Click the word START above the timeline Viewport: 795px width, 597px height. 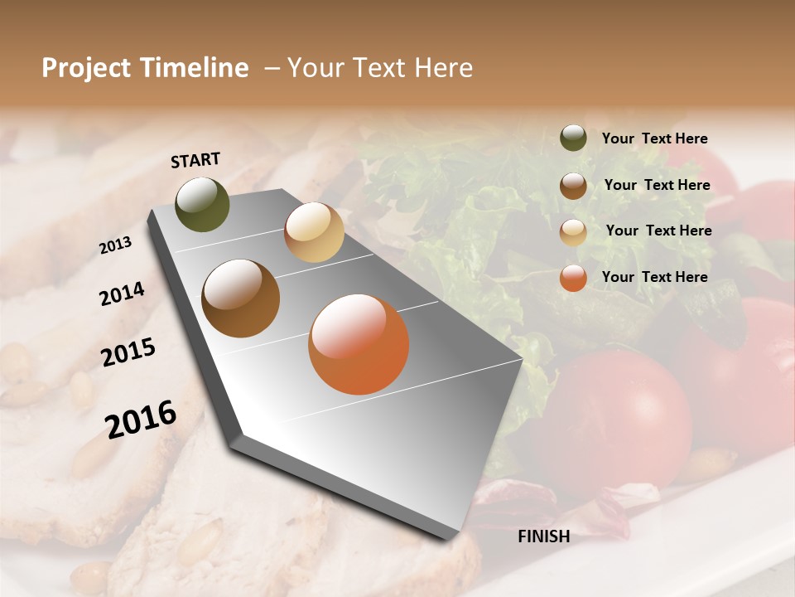point(195,160)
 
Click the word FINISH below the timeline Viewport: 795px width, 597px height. point(543,536)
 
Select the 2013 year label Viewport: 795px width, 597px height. point(115,245)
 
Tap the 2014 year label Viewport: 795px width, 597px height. point(122,294)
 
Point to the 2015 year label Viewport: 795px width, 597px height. point(128,352)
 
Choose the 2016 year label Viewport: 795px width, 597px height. point(141,419)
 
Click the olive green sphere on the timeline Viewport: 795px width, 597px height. point(202,204)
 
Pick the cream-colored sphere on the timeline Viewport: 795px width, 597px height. point(314,232)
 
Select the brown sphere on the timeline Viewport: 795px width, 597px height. point(241,298)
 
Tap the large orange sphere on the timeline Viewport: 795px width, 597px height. point(359,343)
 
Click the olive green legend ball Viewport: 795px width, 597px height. point(573,138)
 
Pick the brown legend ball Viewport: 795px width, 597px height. point(573,186)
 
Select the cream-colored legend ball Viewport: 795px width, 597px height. point(573,232)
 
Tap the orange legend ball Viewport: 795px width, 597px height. point(573,278)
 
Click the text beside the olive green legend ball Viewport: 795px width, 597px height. point(654,139)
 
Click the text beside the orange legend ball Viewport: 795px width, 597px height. point(654,277)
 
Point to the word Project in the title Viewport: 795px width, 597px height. point(86,68)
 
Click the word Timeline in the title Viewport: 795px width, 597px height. point(195,68)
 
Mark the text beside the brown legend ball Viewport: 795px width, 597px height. point(657,185)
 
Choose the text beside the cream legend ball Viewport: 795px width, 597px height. point(658,231)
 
